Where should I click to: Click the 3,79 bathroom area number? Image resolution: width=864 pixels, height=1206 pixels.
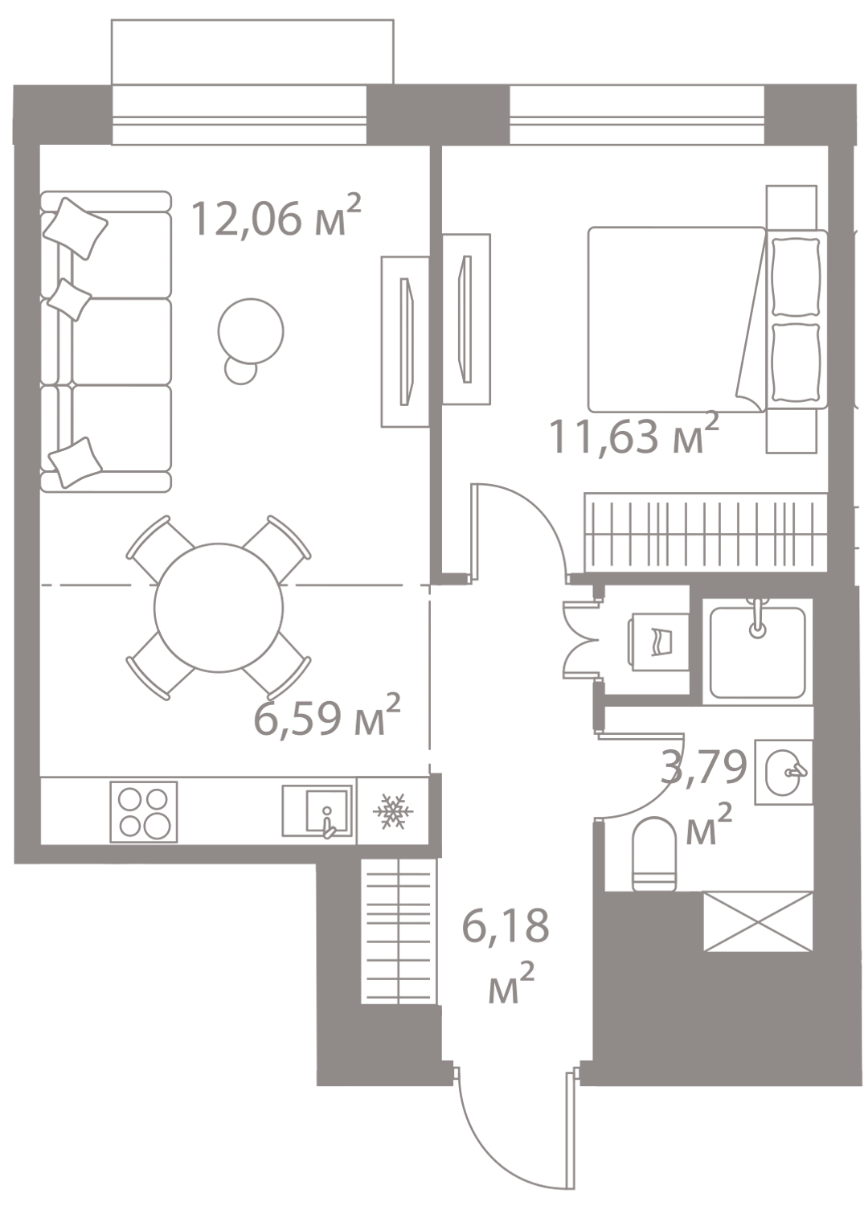click(703, 767)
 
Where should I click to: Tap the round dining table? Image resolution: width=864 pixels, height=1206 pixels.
click(219, 607)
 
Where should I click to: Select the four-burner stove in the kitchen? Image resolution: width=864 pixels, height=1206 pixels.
click(144, 811)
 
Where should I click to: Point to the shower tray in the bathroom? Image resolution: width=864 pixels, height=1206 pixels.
click(757, 652)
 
